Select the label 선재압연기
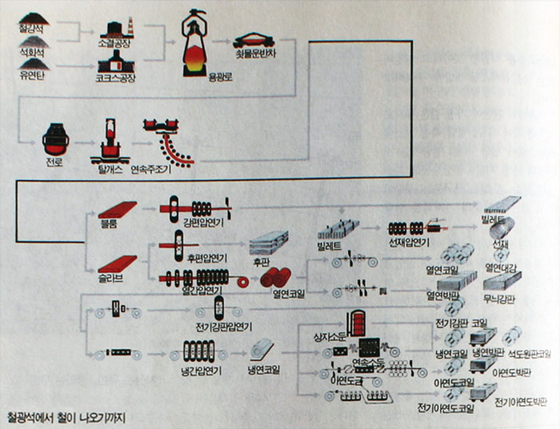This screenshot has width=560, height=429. [410, 243]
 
